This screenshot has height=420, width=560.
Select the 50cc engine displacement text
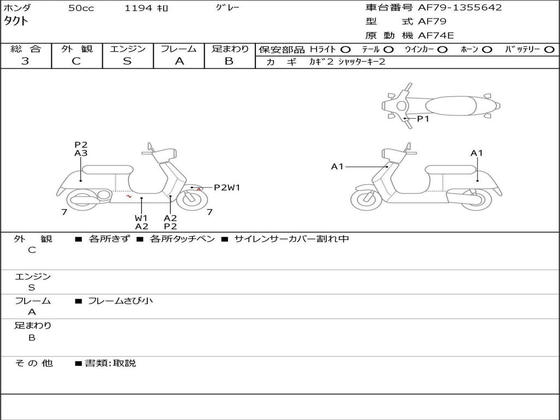[81, 8]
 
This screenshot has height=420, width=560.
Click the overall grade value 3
[25, 61]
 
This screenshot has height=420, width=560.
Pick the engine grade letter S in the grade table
[127, 61]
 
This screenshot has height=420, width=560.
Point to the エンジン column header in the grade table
[127, 49]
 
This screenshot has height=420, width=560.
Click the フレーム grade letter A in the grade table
[179, 61]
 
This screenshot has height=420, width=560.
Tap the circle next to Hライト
[346, 50]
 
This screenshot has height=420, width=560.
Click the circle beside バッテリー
[550, 50]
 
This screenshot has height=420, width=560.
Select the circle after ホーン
[487, 50]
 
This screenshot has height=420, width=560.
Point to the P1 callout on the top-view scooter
[423, 119]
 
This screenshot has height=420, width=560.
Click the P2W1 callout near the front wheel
[226, 188]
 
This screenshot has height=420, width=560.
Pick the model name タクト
[17, 21]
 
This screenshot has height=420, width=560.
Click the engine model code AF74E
[436, 36]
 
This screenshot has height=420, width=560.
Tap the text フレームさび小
[120, 301]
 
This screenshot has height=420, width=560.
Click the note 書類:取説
[110, 363]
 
